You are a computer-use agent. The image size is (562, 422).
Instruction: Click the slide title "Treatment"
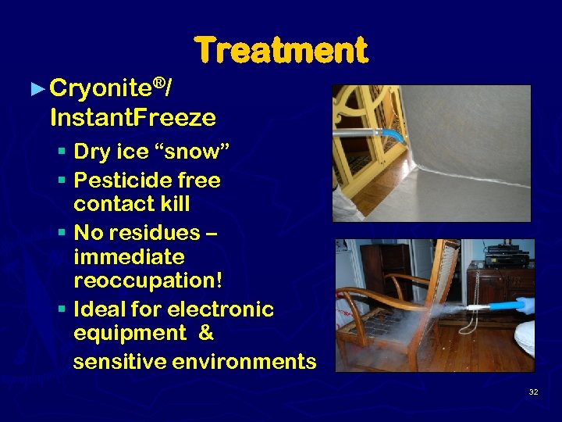click(x=280, y=51)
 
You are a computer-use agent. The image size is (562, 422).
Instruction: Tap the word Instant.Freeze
click(x=133, y=118)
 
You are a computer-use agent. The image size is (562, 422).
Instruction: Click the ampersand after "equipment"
click(x=206, y=333)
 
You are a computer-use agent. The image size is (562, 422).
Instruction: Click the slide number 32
click(x=533, y=392)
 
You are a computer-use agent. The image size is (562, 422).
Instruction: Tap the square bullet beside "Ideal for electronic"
click(x=62, y=309)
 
